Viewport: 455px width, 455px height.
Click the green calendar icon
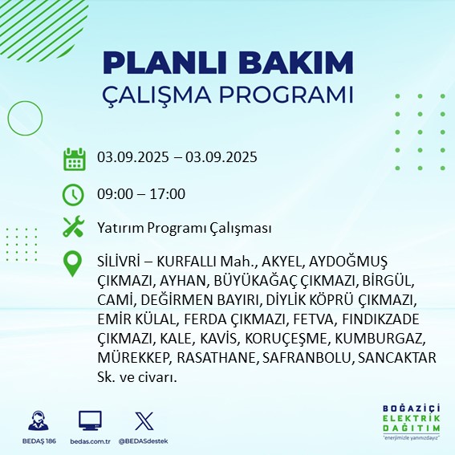tap(75, 159)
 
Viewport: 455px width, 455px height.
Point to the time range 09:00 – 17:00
tap(141, 193)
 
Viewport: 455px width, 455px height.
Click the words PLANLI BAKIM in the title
tap(228, 63)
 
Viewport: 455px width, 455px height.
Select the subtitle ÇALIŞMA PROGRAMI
tap(228, 94)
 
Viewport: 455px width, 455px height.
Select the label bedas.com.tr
tap(90, 441)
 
